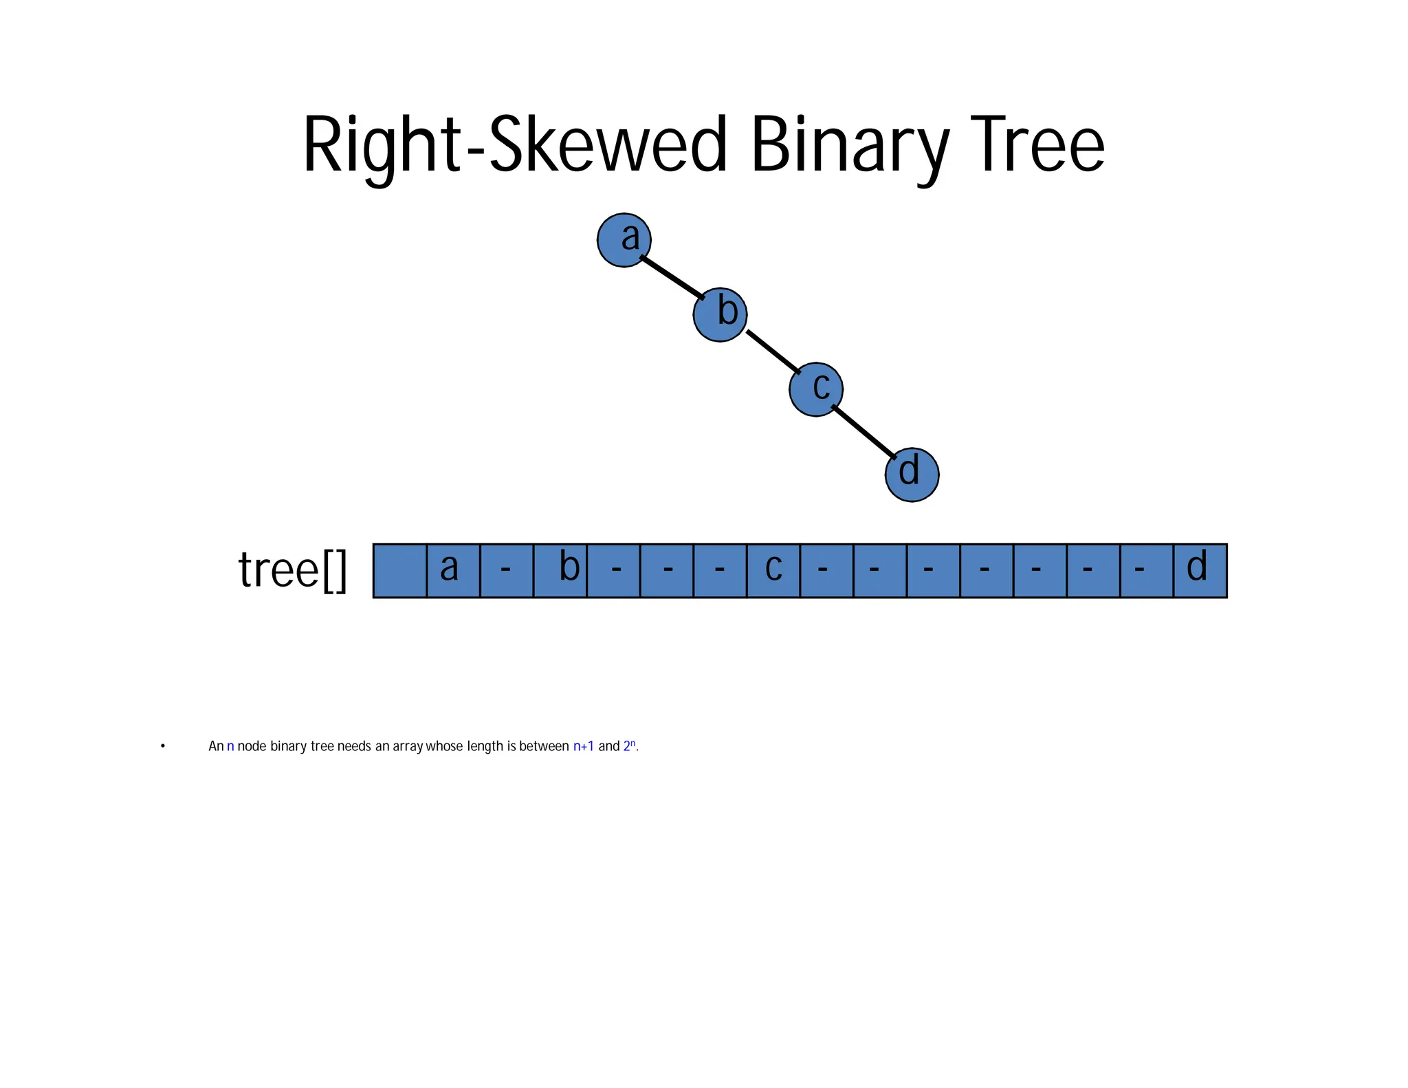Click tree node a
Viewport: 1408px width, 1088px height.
click(x=624, y=240)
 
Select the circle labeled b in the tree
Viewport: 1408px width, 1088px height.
click(x=720, y=315)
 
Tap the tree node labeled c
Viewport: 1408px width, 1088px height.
click(x=816, y=389)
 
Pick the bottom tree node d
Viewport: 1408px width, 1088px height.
click(x=912, y=475)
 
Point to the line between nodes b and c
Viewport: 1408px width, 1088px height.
click(x=773, y=351)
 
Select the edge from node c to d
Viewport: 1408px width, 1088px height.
click(x=864, y=432)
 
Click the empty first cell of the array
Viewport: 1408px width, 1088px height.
click(x=399, y=571)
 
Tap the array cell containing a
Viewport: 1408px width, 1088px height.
click(x=453, y=571)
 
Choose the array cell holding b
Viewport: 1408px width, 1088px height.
click(x=560, y=571)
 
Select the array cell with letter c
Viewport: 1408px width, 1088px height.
click(x=773, y=571)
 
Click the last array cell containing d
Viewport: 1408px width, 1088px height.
click(x=1200, y=571)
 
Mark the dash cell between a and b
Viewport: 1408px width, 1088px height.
click(x=507, y=571)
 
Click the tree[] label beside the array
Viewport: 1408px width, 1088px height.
click(x=292, y=571)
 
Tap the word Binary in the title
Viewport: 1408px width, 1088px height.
click(x=850, y=146)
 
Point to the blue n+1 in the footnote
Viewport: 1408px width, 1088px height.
click(x=583, y=746)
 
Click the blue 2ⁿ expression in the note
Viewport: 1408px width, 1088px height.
click(x=629, y=746)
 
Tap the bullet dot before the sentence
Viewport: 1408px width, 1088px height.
click(x=163, y=746)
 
